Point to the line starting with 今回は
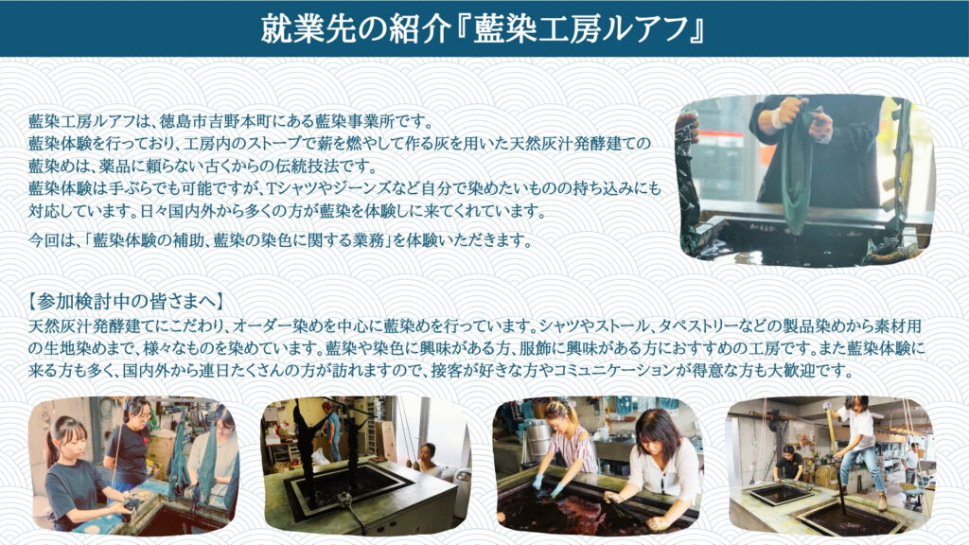tap(280, 240)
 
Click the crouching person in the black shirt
tap(788, 462)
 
